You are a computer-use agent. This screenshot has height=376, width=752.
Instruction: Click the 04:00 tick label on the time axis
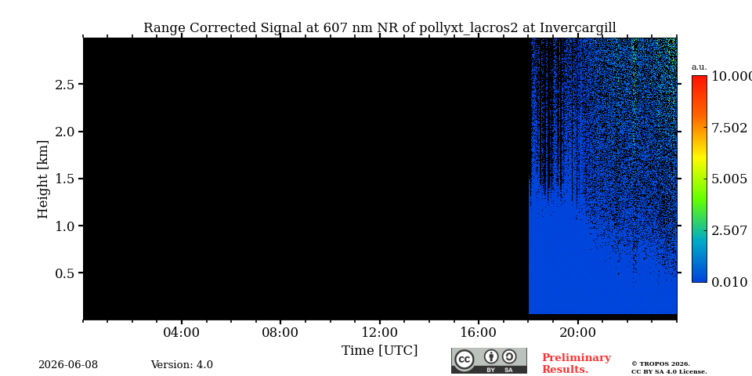pos(181,332)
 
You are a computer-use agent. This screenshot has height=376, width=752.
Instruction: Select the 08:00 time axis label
pos(280,332)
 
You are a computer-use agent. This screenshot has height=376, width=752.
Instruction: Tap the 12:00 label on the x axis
pos(379,332)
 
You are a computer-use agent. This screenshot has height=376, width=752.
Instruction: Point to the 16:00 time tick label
pos(478,332)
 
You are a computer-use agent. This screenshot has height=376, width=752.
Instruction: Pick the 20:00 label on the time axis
pos(577,332)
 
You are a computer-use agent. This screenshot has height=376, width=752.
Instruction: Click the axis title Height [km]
pos(43,179)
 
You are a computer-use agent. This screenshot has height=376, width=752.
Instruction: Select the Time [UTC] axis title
pos(379,351)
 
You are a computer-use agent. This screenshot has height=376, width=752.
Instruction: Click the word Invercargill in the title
pos(578,28)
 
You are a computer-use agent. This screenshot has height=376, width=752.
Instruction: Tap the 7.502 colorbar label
pos(729,128)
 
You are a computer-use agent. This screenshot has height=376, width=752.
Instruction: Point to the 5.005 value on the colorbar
pos(729,179)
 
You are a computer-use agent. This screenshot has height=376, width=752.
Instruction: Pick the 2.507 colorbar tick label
pos(729,230)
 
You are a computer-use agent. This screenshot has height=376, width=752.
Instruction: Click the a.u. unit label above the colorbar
pos(700,67)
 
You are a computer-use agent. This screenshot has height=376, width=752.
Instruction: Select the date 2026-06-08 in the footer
pos(68,364)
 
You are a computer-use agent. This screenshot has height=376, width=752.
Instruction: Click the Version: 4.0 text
pos(182,364)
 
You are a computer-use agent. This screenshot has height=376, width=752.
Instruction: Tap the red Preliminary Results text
pos(577,363)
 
